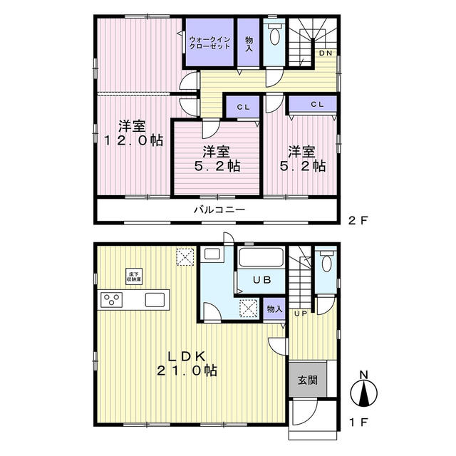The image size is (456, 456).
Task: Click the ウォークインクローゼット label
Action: click(209, 42)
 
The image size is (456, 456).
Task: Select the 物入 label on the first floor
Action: click(274, 309)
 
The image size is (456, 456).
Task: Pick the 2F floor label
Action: click(357, 220)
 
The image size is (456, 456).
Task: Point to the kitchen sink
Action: click(155, 299)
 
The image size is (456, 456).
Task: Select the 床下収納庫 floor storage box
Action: click(134, 276)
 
